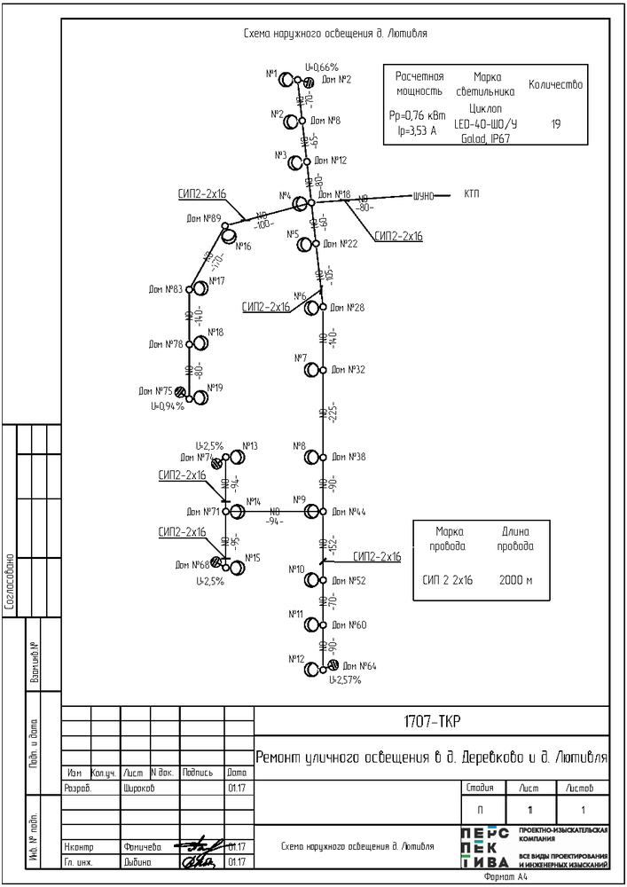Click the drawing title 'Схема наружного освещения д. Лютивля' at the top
pos(335,34)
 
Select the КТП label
pos(472,194)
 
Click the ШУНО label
pos(424,196)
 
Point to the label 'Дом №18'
pos(334,194)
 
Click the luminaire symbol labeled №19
pos(201,396)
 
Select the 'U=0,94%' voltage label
pos(167,406)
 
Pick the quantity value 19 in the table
pos(555,124)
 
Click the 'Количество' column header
pos(555,85)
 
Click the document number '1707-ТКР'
pos(432,719)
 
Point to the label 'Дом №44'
pos(349,512)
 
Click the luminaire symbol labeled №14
pos(237,512)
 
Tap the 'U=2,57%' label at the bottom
pos(345,679)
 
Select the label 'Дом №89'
pos(204,217)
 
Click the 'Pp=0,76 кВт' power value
pos(418,115)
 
